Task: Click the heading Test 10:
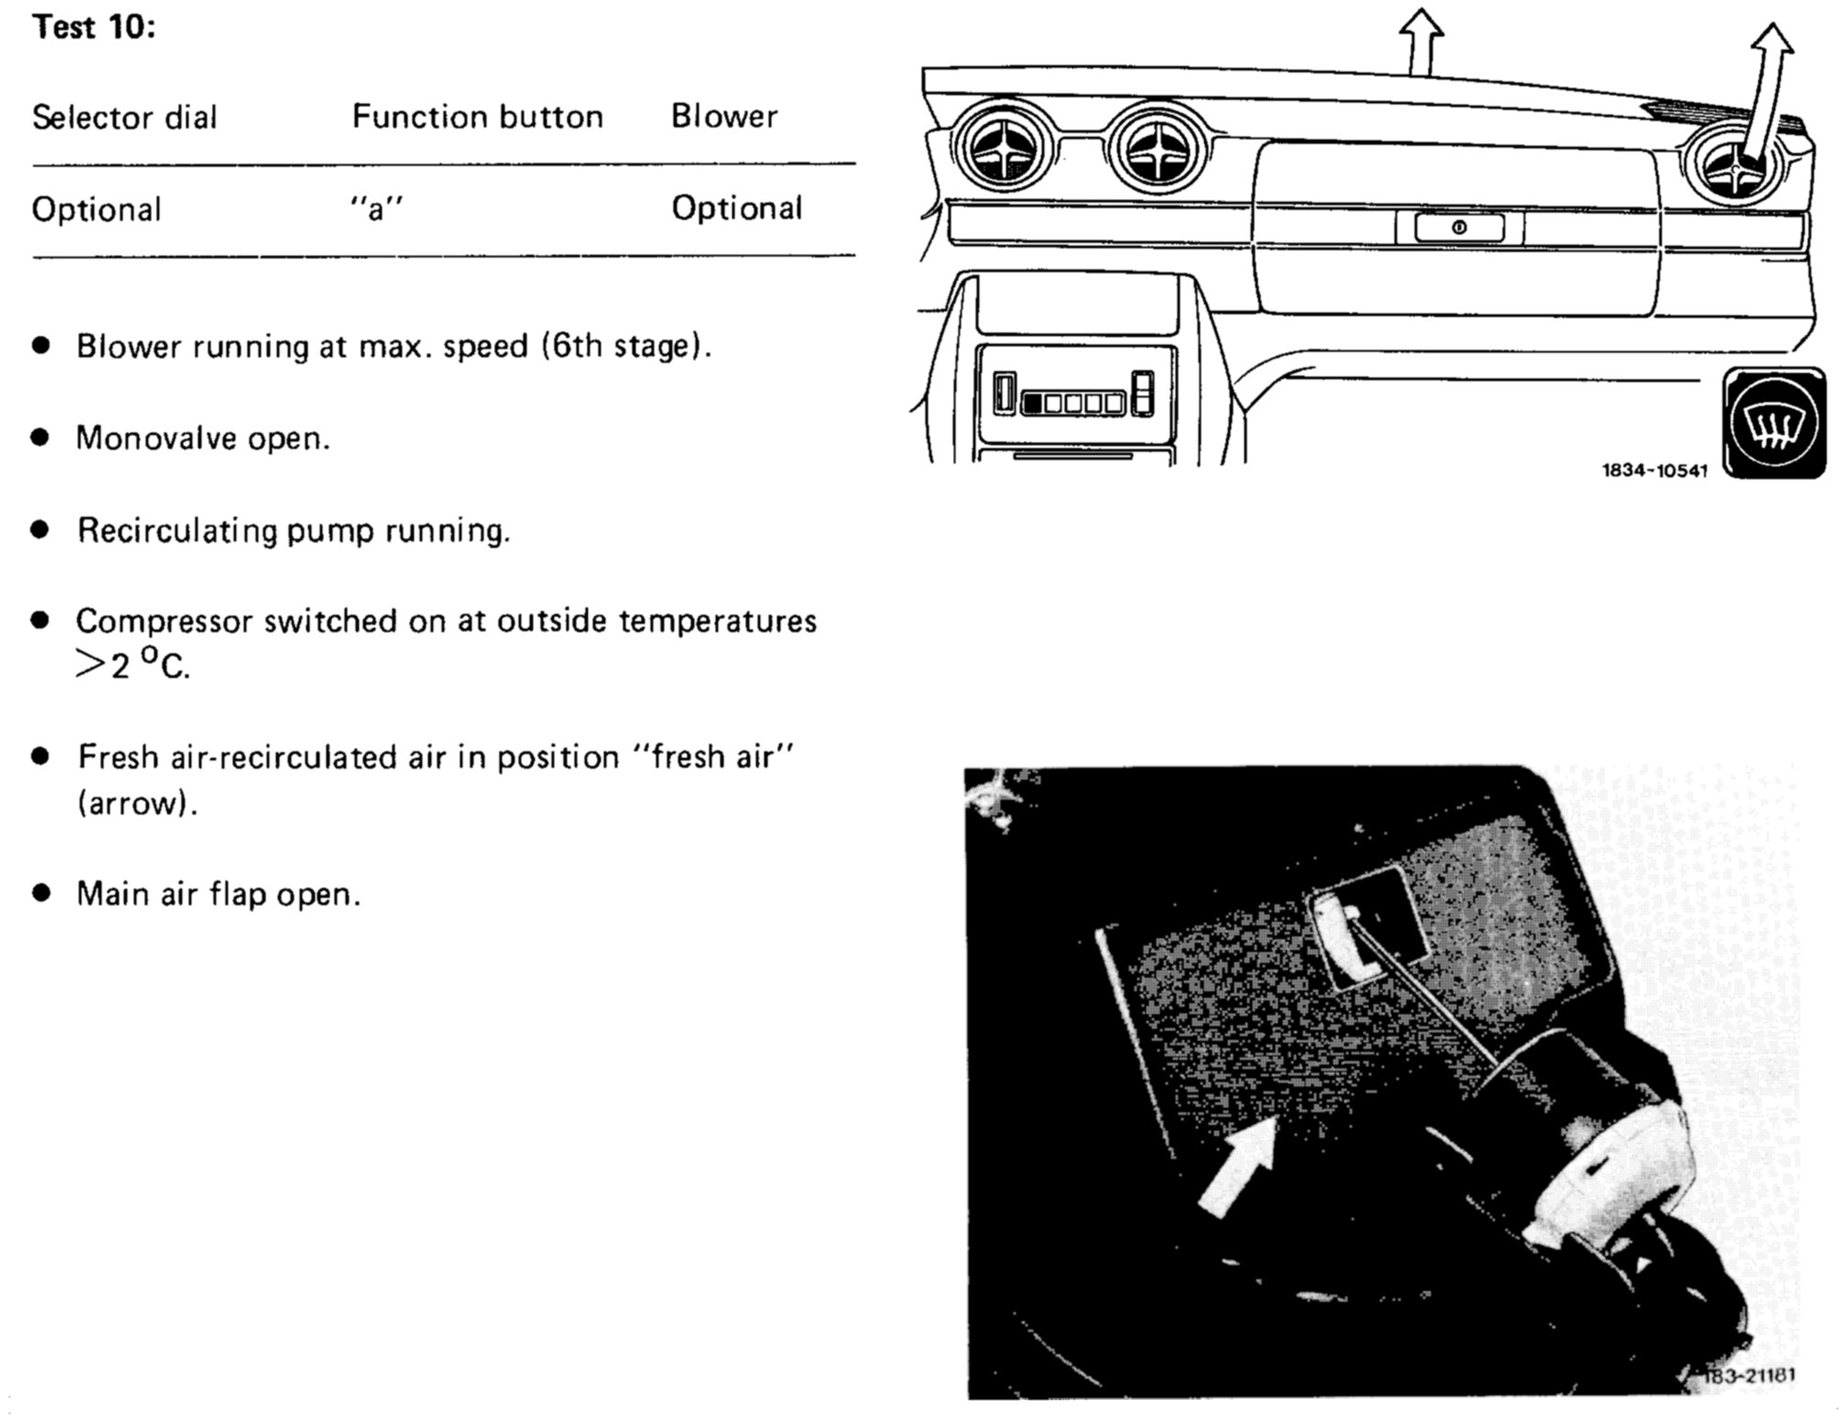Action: pos(93,27)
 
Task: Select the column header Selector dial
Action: pos(125,117)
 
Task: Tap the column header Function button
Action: pos(477,116)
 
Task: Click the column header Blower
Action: pos(724,116)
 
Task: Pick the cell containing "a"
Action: pos(376,209)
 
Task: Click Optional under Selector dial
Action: pos(96,210)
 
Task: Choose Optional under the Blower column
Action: pos(737,208)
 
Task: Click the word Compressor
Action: pos(164,621)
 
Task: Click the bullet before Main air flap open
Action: pos(40,893)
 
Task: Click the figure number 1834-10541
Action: pos(1655,471)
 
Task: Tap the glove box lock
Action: pos(1459,227)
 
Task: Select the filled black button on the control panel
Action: pos(1033,402)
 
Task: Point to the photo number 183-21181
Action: pos(1748,1375)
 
